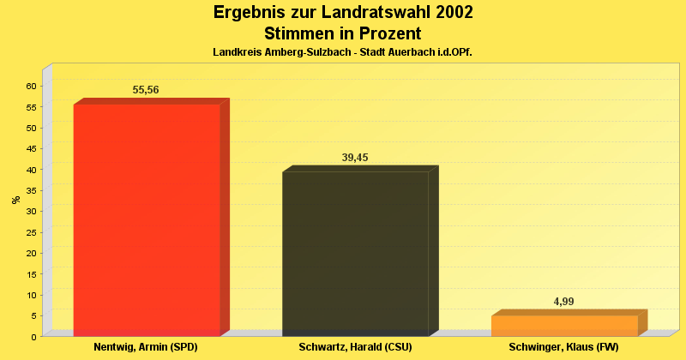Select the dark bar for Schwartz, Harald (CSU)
[x=355, y=254]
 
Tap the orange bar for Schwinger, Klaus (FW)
[x=564, y=326]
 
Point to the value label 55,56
[x=146, y=90]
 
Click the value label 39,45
[x=355, y=157]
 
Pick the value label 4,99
[x=564, y=302]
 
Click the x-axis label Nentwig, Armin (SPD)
[x=146, y=347]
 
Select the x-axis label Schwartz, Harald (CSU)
[x=355, y=347]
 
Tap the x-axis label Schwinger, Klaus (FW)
[x=563, y=347]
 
